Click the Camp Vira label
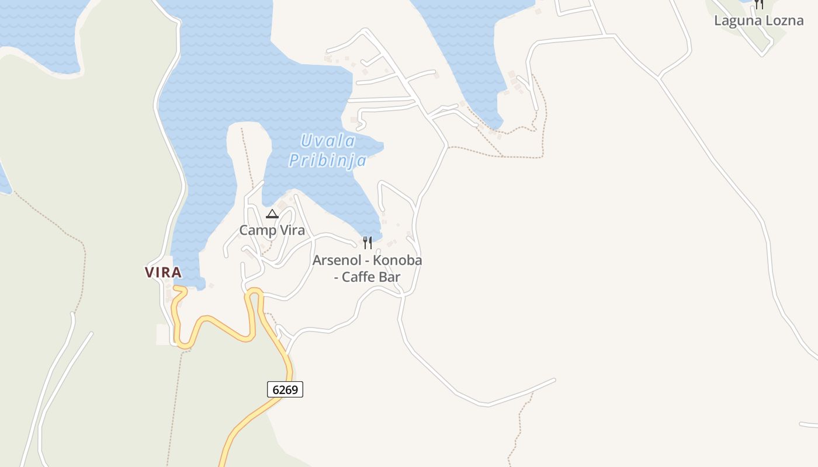pyautogui.click(x=272, y=230)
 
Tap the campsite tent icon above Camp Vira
pyautogui.click(x=272, y=214)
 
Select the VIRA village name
pyautogui.click(x=163, y=272)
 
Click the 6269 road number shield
pyautogui.click(x=285, y=389)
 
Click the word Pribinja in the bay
pyautogui.click(x=328, y=161)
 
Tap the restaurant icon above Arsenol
pyautogui.click(x=368, y=242)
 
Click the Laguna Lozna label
pyautogui.click(x=758, y=20)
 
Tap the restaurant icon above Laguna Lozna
pyautogui.click(x=758, y=4)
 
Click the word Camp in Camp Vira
pyautogui.click(x=258, y=230)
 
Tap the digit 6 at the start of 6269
pyautogui.click(x=275, y=389)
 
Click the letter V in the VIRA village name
pyautogui.click(x=149, y=272)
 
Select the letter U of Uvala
pyautogui.click(x=306, y=141)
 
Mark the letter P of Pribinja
pyautogui.click(x=294, y=161)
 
